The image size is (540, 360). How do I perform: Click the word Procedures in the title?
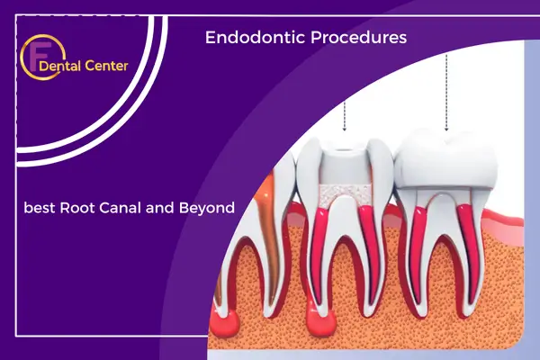pyautogui.click(x=358, y=37)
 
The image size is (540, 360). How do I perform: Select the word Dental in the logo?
pyautogui.click(x=60, y=66)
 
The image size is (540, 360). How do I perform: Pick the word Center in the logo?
pyautogui.click(x=106, y=66)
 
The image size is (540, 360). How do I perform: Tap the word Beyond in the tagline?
pyautogui.click(x=207, y=209)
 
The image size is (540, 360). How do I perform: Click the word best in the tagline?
pyautogui.click(x=40, y=208)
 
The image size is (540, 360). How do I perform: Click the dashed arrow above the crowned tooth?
pyautogui.click(x=446, y=93)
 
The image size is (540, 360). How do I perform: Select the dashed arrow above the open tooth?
pyautogui.click(x=344, y=116)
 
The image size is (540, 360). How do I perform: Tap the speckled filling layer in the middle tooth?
pyautogui.click(x=346, y=195)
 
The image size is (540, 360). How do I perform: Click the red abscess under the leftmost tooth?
pyautogui.click(x=225, y=323)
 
